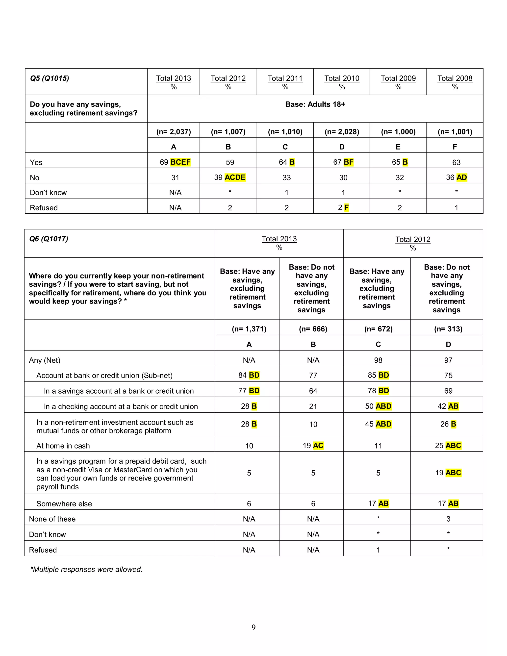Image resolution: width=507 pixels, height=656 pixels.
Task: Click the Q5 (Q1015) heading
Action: coord(50,78)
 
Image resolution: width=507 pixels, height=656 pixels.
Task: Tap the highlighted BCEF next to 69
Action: coord(180,162)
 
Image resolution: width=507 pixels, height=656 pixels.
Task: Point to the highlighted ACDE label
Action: coord(235,177)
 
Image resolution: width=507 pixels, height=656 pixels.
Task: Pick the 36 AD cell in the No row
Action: coord(456,177)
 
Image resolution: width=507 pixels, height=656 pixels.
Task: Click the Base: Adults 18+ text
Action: coord(315,104)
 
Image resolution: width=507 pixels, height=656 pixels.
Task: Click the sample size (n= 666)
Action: coord(313,329)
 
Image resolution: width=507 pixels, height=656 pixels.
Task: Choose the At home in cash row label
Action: coord(63,446)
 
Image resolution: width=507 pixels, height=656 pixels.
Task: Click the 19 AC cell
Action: coord(313,445)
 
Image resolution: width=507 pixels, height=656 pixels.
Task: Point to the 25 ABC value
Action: coord(448,445)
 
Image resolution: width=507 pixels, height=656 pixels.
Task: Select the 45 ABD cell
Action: coord(378,424)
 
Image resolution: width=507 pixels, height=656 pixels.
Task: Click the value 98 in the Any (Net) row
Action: coord(378,360)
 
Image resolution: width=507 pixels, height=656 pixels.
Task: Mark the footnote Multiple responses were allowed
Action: coord(86,570)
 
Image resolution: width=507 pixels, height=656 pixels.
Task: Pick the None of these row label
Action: coord(52,519)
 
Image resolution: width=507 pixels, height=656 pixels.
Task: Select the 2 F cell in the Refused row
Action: coord(343,207)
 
